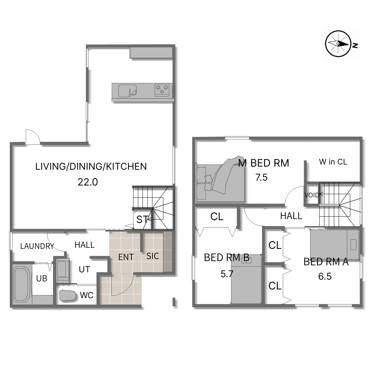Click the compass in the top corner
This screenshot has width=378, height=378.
tap(338, 44)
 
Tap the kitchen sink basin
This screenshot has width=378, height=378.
tap(127, 91)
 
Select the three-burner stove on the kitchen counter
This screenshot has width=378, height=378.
tap(162, 90)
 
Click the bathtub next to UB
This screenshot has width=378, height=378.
tap(22, 284)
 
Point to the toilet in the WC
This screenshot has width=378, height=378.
tap(68, 295)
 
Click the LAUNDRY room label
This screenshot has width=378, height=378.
tap(37, 246)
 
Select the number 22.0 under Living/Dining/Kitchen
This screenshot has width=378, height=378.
tap(88, 182)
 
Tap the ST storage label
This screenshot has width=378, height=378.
tap(142, 219)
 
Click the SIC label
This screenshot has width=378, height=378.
tap(153, 256)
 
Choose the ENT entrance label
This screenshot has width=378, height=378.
tap(126, 257)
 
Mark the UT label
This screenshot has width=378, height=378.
tap(84, 269)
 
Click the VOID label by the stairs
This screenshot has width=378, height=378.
tap(311, 195)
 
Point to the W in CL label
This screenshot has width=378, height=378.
tap(333, 162)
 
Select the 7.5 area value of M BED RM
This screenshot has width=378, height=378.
tap(261, 177)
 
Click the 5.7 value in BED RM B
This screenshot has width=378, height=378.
tap(227, 274)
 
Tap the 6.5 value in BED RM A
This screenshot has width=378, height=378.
tap(325, 276)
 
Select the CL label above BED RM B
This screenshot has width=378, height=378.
tap(217, 217)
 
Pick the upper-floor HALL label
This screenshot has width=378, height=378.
tap(291, 216)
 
